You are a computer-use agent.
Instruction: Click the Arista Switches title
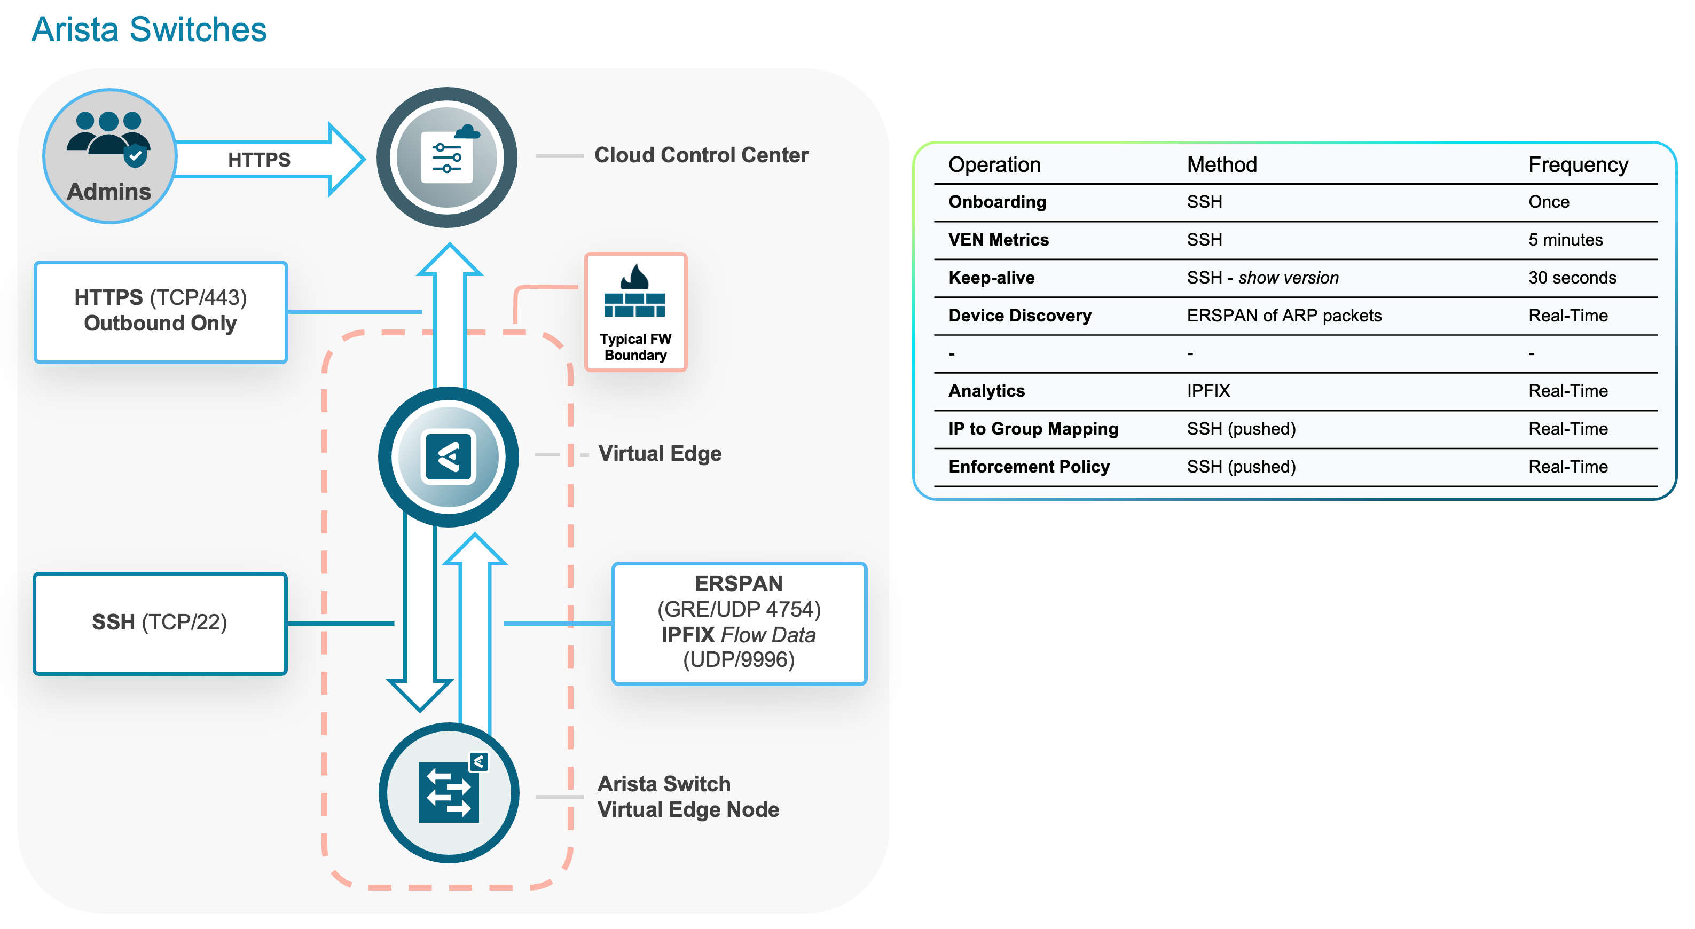148,29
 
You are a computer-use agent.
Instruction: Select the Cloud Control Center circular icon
447,158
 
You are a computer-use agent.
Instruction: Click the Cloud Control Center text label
701,155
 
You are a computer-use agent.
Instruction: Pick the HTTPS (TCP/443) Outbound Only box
161,311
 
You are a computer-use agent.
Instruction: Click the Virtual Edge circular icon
448,456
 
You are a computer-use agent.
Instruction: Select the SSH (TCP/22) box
160,623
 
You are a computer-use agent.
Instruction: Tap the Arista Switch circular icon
448,793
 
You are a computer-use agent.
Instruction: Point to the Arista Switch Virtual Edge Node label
688,796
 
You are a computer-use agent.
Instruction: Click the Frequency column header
1577,164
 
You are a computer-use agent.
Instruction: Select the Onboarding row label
997,202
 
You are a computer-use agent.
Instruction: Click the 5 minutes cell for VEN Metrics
1565,240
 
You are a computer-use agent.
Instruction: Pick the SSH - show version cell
1262,278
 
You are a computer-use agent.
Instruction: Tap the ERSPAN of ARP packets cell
1283,316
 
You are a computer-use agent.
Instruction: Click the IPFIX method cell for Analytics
1207,391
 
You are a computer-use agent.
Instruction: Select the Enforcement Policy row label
1029,467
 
